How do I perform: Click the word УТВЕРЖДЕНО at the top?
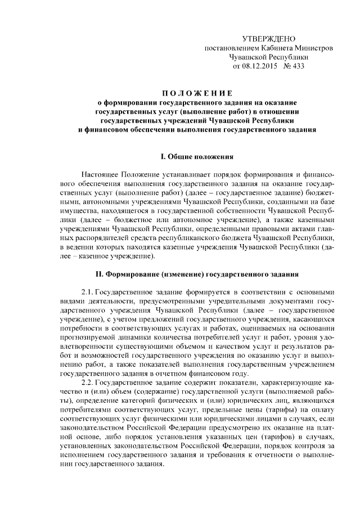coord(268,39)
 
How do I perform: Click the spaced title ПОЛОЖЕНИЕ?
coord(193,93)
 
